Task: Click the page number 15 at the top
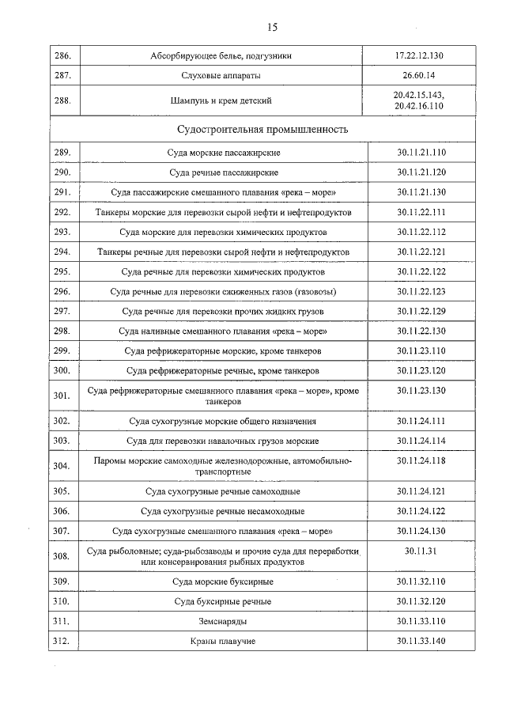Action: click(272, 27)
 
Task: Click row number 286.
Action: click(62, 56)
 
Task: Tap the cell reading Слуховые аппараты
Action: click(222, 76)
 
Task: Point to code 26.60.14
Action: click(419, 76)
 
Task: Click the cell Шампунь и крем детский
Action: click(222, 100)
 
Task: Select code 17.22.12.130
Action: click(419, 56)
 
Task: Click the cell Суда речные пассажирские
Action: click(224, 172)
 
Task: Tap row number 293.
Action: click(62, 232)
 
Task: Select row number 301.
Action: click(62, 396)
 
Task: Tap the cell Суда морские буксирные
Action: click(224, 582)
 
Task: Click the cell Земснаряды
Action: click(224, 621)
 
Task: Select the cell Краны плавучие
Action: click(224, 641)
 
